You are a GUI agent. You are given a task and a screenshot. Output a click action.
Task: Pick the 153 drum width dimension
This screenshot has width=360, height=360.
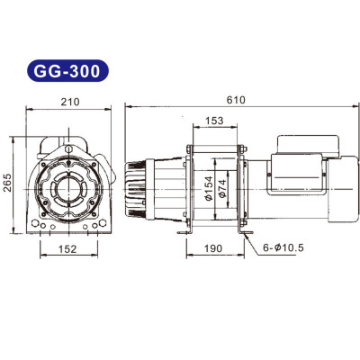click(x=214, y=121)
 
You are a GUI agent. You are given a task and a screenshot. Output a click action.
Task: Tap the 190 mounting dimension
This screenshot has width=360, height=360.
click(x=213, y=247)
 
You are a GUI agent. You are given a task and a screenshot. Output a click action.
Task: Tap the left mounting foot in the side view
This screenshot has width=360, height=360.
click(x=184, y=233)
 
